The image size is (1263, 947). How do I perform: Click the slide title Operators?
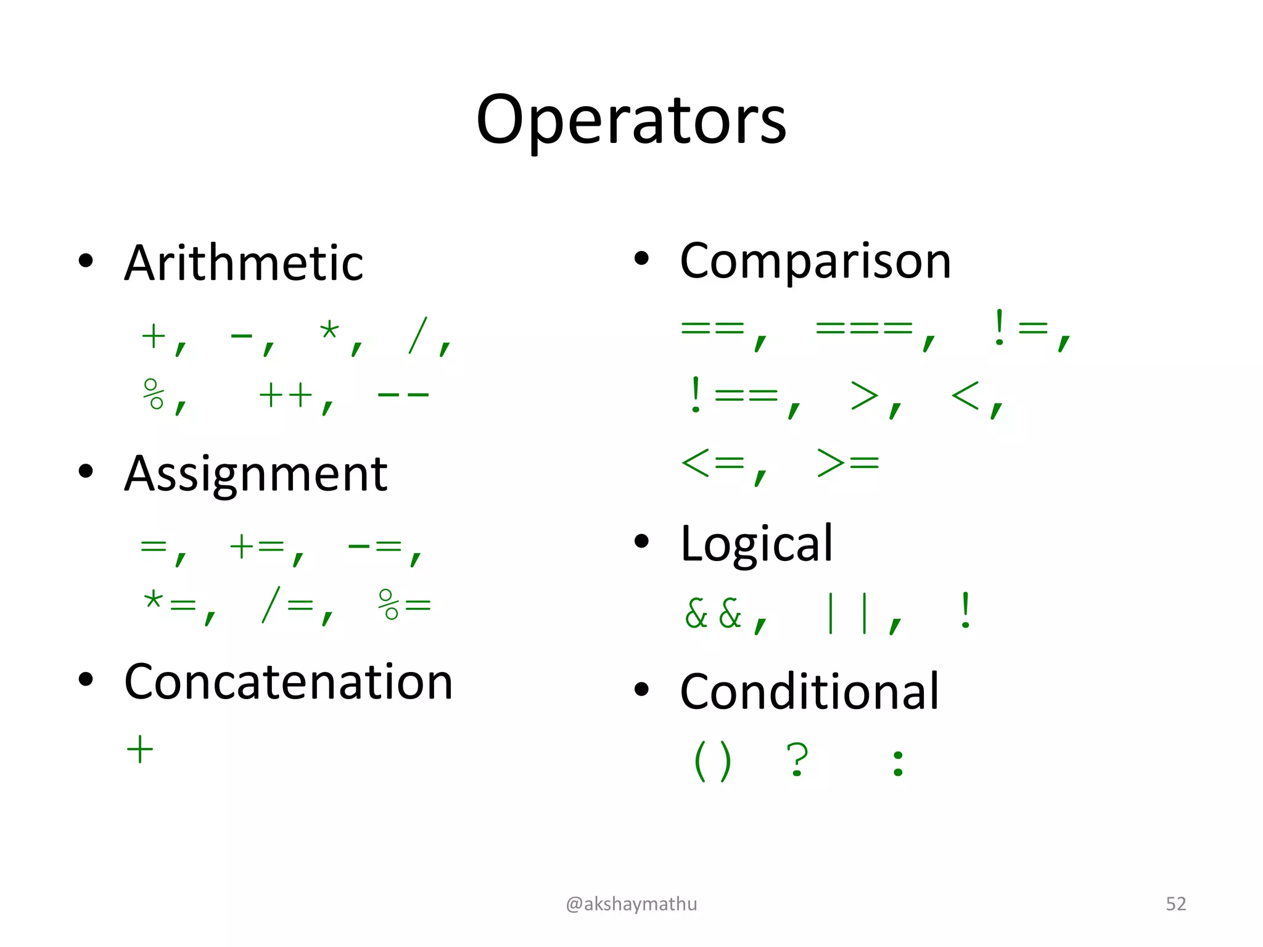point(631,120)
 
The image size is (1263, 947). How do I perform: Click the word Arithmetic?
point(244,263)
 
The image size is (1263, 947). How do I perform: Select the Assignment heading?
point(255,474)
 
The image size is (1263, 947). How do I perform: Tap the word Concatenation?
point(289,683)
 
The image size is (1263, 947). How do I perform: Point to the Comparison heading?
point(815,261)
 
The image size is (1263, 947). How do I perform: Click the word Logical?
point(757,544)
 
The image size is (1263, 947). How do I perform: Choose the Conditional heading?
point(809,692)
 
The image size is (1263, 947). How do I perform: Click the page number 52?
point(1175,904)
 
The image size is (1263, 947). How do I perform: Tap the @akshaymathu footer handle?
point(631,904)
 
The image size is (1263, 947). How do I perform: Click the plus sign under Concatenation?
point(140,750)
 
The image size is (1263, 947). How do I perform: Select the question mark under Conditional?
point(797,760)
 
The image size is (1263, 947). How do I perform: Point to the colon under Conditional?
point(898,763)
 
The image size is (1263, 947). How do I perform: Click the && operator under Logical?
point(713,613)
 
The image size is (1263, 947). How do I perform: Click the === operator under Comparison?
point(863,328)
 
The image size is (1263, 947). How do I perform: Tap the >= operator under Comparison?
point(848,462)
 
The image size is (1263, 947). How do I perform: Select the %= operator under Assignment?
point(405,604)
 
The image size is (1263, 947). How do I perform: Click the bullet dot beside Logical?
point(642,541)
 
